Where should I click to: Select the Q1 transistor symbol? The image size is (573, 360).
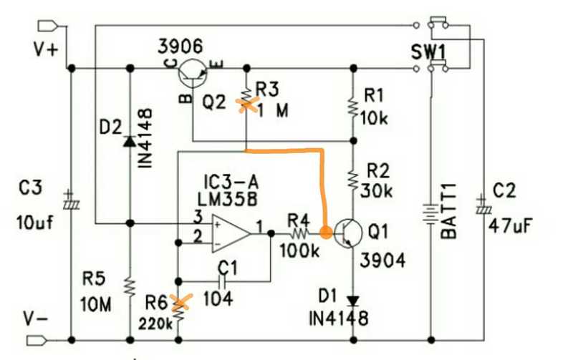tap(347, 233)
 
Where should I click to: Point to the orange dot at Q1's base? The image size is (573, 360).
tap(325, 233)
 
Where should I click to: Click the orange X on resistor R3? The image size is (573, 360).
tap(246, 104)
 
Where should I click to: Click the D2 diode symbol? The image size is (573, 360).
tap(130, 141)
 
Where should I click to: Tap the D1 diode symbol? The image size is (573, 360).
tap(352, 301)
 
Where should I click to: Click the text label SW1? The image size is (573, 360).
tap(428, 52)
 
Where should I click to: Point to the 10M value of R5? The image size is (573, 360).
tap(97, 305)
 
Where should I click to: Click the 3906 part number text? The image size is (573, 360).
tap(181, 47)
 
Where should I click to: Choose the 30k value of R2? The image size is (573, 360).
tap(377, 191)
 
